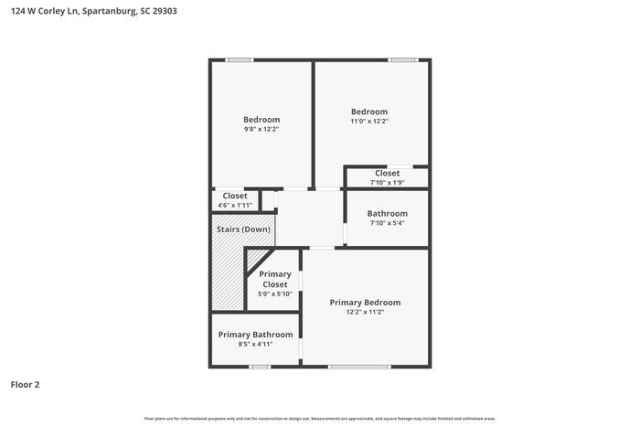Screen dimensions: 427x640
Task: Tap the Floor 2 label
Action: pos(25,384)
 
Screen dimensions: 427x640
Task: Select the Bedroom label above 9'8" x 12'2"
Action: pos(261,120)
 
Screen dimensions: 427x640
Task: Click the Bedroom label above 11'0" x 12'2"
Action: pos(369,112)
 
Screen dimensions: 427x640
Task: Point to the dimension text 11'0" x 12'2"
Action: pos(369,122)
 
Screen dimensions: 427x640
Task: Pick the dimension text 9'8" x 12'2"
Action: pos(261,130)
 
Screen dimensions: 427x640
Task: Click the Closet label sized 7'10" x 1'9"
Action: pos(387,173)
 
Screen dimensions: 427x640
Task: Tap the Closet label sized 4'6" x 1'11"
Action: pos(235,196)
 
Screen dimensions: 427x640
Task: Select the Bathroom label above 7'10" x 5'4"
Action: pos(388,213)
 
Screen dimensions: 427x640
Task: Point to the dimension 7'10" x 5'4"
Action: pos(387,223)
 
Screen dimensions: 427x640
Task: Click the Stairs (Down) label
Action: pos(243,229)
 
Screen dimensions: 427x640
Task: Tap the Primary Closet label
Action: pos(275,279)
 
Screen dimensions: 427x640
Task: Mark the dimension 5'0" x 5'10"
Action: pos(274,294)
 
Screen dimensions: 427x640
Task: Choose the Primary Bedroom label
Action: pos(365,302)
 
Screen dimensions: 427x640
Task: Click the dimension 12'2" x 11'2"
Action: pos(365,312)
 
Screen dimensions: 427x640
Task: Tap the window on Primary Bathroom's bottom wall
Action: pos(260,367)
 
